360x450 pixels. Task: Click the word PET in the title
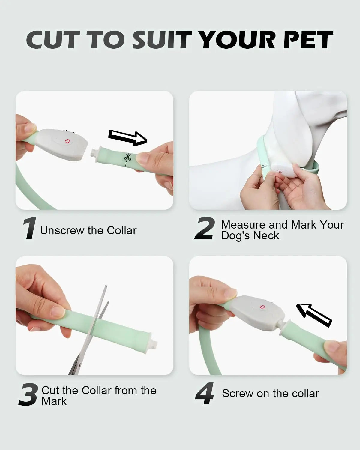[x=308, y=40]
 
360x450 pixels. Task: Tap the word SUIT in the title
[x=162, y=40]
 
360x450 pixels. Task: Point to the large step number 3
[x=28, y=394]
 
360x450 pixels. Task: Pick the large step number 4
[x=205, y=393]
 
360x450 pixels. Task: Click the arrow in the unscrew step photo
[x=128, y=138]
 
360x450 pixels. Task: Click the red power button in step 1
[x=67, y=142]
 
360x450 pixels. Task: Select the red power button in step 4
[x=262, y=307]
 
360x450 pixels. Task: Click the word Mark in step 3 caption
[x=54, y=401]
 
